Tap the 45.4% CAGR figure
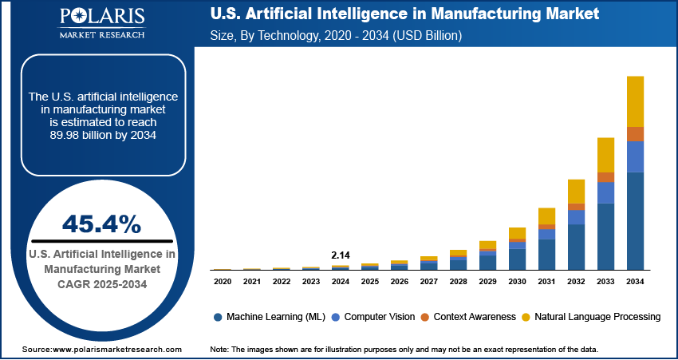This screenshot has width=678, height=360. coord(101,223)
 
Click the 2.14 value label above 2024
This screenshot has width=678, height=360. coord(341,255)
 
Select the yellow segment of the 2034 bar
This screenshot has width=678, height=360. coord(635,101)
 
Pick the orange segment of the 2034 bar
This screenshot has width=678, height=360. coord(635,134)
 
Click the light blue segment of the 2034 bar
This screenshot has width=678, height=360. coord(635,157)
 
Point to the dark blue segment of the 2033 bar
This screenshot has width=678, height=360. coord(605,236)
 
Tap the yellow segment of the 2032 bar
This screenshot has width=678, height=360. coord(577,192)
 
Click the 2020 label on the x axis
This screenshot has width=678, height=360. coord(223,281)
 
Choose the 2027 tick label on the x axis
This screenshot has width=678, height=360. coord(429,281)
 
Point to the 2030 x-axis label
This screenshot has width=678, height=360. coord(518,281)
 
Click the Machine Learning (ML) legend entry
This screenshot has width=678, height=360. coord(270,317)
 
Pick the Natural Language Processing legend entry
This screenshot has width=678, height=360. coord(594,317)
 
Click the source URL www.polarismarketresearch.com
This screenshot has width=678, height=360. coord(117,350)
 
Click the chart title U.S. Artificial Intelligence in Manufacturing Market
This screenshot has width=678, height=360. coord(404,15)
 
